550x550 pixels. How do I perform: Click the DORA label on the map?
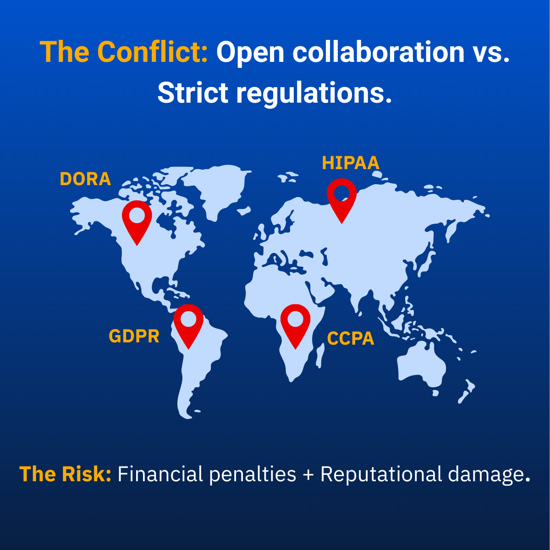click(x=85, y=179)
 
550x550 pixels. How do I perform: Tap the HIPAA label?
click(x=351, y=163)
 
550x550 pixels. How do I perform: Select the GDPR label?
click(x=134, y=336)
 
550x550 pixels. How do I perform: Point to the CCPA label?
click(x=351, y=339)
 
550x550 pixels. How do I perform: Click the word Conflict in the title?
click(x=153, y=52)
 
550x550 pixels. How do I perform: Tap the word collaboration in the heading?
click(x=379, y=52)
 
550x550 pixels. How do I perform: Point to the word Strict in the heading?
click(x=193, y=93)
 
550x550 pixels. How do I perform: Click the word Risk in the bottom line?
click(x=87, y=474)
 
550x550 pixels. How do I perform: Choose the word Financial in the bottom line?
click(x=160, y=474)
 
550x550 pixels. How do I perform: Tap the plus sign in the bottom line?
click(x=308, y=475)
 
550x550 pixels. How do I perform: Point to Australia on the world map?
click(x=421, y=364)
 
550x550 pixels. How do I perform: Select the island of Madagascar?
click(x=320, y=355)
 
